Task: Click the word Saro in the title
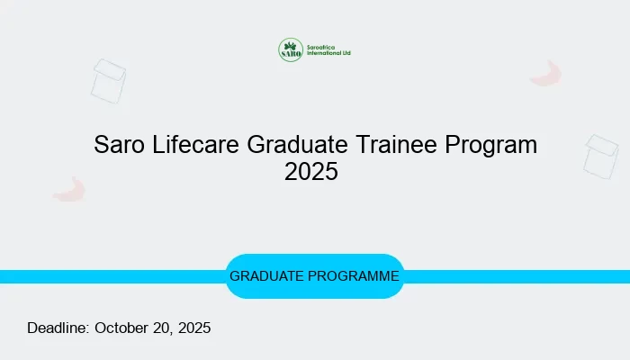coord(118,145)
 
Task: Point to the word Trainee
coord(397,145)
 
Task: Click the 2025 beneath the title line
coord(310,172)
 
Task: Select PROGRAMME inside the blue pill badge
coord(355,276)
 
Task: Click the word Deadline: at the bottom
coord(58,328)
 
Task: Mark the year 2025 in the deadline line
coord(194,328)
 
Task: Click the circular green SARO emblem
coord(291,50)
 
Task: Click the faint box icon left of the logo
coord(108,81)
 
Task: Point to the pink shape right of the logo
coord(546,74)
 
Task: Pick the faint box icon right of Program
coord(600,157)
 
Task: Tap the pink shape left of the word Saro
coord(68,189)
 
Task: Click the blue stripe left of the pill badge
coord(108,276)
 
